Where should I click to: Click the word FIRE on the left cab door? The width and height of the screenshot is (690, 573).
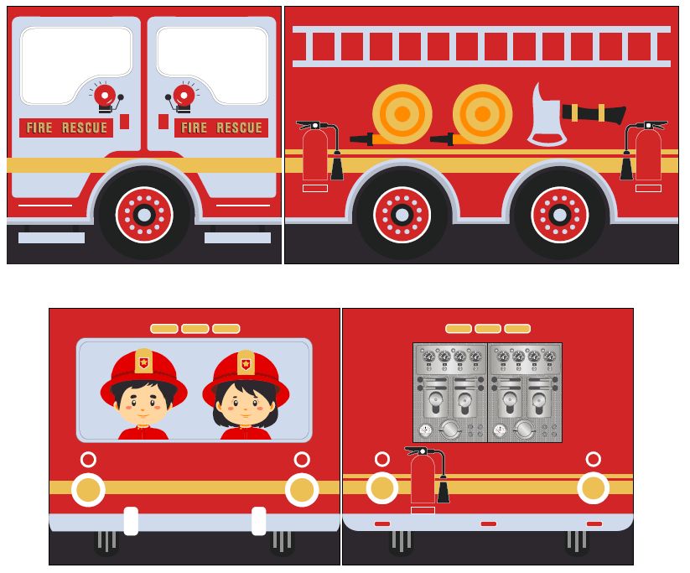39,128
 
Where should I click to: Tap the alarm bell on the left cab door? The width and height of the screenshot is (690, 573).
105,96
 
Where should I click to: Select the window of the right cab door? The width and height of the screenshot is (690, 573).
212,64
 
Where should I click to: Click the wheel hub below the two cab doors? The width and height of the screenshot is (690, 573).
144,215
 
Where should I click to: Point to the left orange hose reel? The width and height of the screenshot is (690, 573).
402,113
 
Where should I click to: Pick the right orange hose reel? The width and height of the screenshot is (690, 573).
482,113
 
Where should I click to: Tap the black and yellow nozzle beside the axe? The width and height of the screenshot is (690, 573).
594,112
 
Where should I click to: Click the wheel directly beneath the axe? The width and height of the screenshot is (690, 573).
559,215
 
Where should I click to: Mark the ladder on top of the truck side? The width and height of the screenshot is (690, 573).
481,46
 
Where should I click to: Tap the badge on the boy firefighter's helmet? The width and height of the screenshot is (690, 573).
143,362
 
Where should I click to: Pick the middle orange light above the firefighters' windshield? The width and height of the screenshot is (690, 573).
195,329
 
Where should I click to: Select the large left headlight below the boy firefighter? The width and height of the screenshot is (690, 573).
88,490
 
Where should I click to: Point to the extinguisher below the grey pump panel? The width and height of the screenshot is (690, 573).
423,480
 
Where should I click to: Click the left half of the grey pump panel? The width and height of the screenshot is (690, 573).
450,392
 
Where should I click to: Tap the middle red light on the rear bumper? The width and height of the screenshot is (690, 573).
488,524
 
